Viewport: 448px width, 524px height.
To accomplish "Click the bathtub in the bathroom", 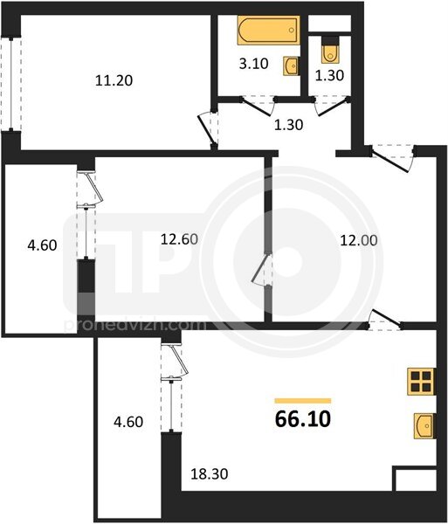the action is coord(268,30).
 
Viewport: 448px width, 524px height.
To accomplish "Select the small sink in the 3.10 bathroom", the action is coord(292,65).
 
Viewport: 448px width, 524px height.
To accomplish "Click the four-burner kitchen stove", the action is coord(421,382).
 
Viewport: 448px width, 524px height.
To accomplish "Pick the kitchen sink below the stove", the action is coord(424,426).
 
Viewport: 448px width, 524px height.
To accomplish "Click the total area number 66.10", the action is coord(303,419).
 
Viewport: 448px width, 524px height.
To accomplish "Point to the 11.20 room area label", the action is coord(114,80).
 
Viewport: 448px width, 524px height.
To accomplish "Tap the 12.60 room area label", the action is coord(179,239).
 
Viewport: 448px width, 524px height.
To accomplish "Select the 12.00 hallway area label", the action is coord(359,240).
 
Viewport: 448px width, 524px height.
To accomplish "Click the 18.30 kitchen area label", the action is coord(209,474).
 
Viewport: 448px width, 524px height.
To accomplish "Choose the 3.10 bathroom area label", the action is coord(253,63).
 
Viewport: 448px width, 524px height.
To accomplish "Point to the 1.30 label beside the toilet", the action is coord(329,75).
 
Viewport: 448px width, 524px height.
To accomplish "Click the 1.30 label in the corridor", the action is coord(288,125).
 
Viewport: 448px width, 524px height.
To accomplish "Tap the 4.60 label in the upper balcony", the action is coord(42,245).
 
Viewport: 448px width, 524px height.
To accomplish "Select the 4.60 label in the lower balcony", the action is coord(128,422).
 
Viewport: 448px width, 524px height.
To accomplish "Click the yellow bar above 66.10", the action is coord(303,401).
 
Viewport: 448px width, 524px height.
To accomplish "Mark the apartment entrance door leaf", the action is coord(389,162).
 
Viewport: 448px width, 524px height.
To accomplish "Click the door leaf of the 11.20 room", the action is coord(205,130).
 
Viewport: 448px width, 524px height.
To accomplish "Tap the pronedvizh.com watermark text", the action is coord(134,325).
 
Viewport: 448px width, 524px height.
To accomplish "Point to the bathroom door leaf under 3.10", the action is coord(256,107).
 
